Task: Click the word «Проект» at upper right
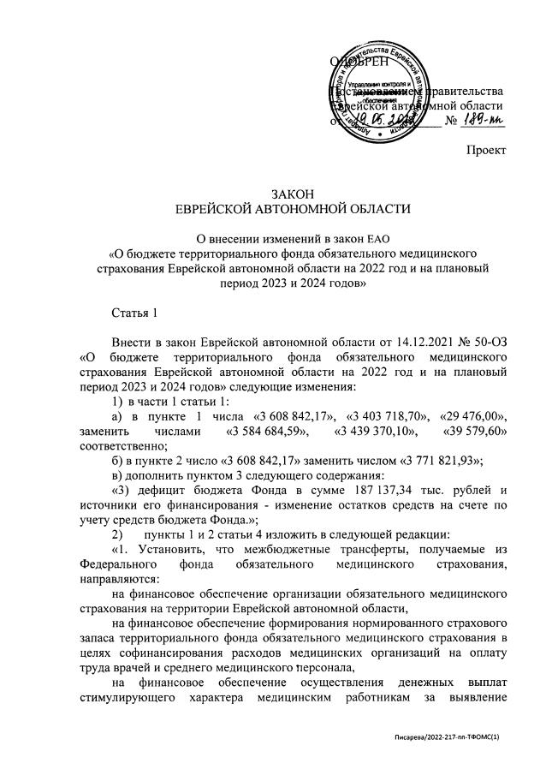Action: pos(484,150)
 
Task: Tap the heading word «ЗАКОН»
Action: pos(293,194)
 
